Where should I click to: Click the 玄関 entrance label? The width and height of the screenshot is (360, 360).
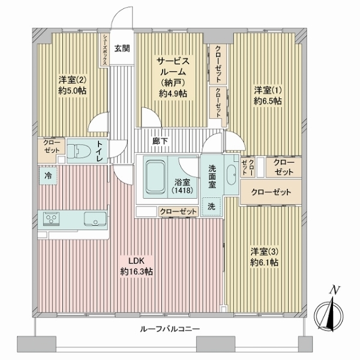tap(122, 49)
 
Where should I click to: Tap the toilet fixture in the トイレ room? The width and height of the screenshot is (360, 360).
tap(77, 150)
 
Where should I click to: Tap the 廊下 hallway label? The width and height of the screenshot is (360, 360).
tap(160, 141)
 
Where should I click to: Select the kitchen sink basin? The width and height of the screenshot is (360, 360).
tap(94, 217)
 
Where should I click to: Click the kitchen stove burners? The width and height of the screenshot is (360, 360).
tap(50, 217)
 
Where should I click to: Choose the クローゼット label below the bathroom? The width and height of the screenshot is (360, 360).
tap(178, 211)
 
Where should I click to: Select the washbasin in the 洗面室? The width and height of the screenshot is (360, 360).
tap(232, 175)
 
